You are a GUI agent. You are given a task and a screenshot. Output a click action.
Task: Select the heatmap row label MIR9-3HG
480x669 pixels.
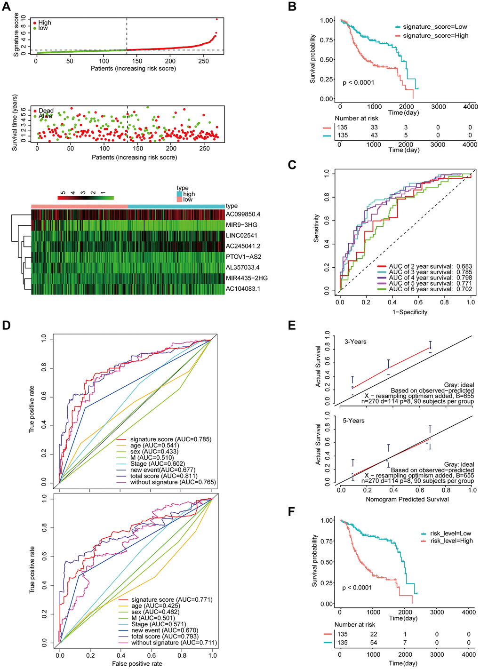tap(241, 225)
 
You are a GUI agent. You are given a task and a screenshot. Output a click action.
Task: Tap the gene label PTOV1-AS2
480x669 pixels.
tap(243, 257)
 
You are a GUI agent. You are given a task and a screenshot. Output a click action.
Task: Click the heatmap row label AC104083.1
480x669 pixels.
tap(243, 288)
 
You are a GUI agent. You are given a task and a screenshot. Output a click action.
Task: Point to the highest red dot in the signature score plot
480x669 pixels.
tap(216, 19)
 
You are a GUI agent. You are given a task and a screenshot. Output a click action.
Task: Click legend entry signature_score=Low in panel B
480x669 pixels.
tap(435, 27)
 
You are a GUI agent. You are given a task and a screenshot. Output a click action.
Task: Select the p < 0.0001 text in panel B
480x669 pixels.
tap(359, 83)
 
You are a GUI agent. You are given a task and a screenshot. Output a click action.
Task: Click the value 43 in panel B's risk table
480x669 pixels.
tap(374, 135)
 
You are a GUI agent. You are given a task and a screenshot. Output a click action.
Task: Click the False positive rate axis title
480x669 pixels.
tap(137, 664)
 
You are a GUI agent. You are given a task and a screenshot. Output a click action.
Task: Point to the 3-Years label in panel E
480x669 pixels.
tap(355, 342)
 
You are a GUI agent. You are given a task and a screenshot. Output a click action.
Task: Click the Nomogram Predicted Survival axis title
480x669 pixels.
tap(407, 499)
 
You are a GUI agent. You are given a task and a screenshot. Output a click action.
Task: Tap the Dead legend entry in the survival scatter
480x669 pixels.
tap(46, 111)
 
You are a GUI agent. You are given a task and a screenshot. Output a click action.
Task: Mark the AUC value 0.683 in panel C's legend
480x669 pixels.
tap(464, 266)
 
